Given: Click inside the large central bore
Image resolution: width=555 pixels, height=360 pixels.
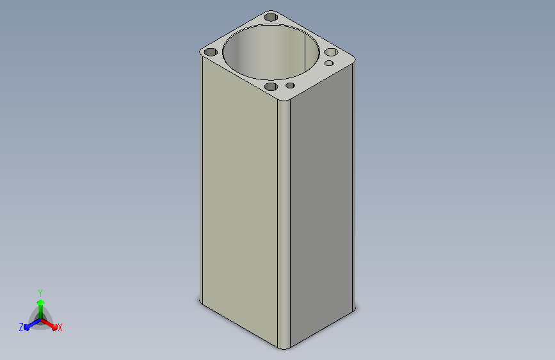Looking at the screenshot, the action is [x=271, y=53].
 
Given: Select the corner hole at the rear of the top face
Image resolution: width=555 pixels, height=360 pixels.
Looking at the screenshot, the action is [x=271, y=17].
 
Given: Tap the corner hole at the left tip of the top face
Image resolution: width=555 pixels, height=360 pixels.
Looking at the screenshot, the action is [x=211, y=52].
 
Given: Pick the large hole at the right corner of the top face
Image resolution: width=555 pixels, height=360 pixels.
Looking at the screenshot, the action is [x=331, y=52].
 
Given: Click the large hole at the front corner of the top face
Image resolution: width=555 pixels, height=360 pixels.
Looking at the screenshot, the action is [x=271, y=86].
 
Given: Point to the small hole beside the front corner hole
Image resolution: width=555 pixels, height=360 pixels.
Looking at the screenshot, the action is [x=290, y=85].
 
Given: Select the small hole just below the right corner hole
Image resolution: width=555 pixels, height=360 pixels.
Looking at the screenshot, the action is [x=329, y=63].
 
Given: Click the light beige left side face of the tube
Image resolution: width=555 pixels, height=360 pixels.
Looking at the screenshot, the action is [x=240, y=199].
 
